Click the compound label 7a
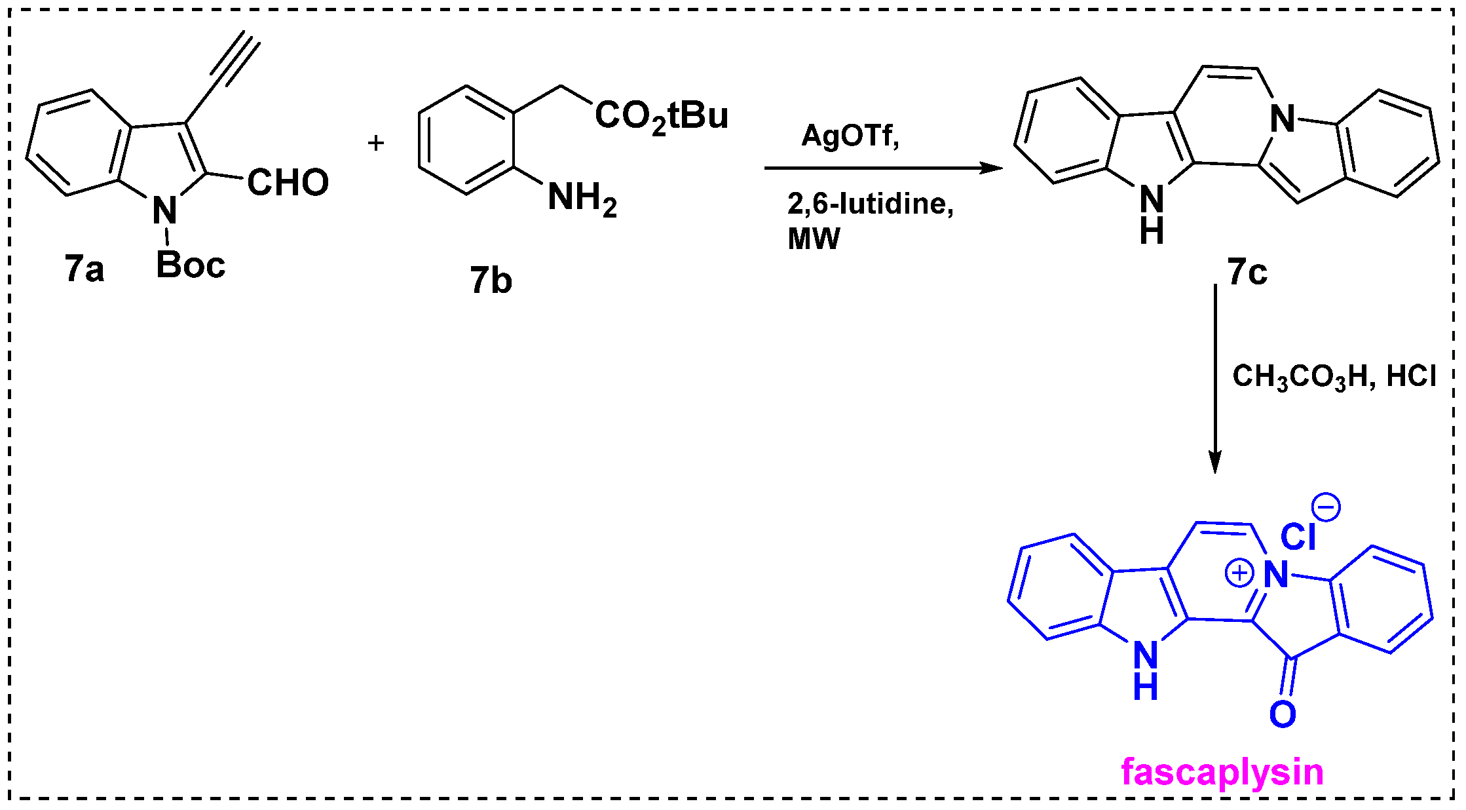84,269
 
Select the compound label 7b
491,280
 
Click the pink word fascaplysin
1222,771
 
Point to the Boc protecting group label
190,265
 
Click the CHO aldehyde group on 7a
288,182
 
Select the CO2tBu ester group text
661,117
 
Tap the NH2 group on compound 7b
582,198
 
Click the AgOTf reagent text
850,136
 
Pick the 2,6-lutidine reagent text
870,204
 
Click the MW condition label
813,239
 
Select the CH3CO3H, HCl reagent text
1334,377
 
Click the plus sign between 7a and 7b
375,143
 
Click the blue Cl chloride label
1297,537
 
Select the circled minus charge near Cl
1326,507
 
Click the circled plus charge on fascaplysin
1239,574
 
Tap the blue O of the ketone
1282,714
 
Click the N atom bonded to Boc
164,210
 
